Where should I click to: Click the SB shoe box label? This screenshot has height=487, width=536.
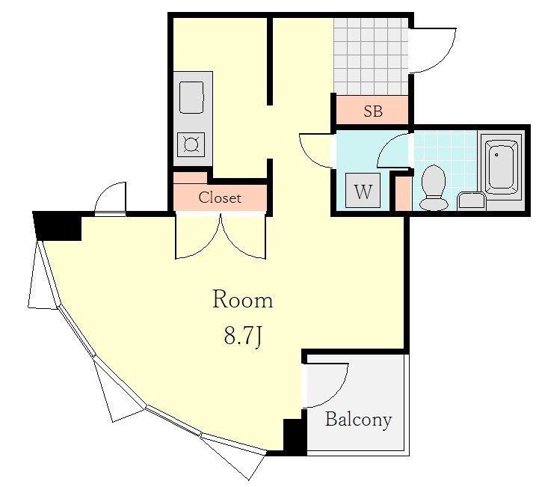click(373, 111)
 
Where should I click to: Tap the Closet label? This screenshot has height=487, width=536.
click(220, 197)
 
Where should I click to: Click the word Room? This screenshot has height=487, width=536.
click(243, 299)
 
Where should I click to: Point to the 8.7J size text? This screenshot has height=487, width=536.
click(243, 335)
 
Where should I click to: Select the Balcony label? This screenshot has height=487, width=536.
click(358, 419)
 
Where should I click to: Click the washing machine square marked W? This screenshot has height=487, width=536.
click(363, 190)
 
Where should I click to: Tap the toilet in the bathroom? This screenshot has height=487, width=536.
click(434, 188)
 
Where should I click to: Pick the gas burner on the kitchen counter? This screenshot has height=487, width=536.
click(191, 144)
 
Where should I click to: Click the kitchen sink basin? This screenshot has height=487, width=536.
click(191, 97)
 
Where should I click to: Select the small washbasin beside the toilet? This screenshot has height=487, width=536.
click(471, 200)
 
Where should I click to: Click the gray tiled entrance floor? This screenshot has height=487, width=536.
click(371, 56)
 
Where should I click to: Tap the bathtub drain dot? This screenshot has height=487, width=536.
click(496, 155)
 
